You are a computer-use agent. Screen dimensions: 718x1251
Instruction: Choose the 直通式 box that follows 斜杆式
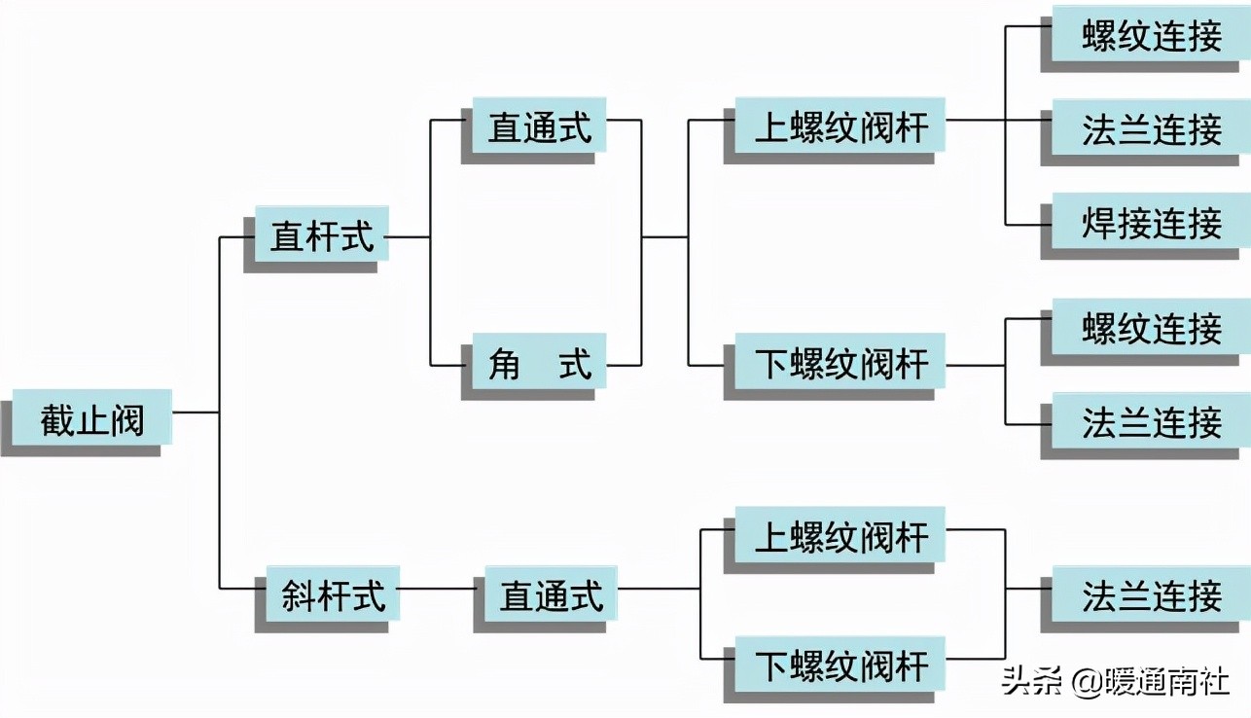[552, 593]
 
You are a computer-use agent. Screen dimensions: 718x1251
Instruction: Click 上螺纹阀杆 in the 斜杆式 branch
[840, 534]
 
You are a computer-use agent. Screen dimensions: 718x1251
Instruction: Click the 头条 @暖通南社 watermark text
[1115, 682]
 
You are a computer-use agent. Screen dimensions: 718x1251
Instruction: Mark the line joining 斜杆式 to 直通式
[436, 589]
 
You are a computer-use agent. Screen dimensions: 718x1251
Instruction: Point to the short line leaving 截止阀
[195, 413]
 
